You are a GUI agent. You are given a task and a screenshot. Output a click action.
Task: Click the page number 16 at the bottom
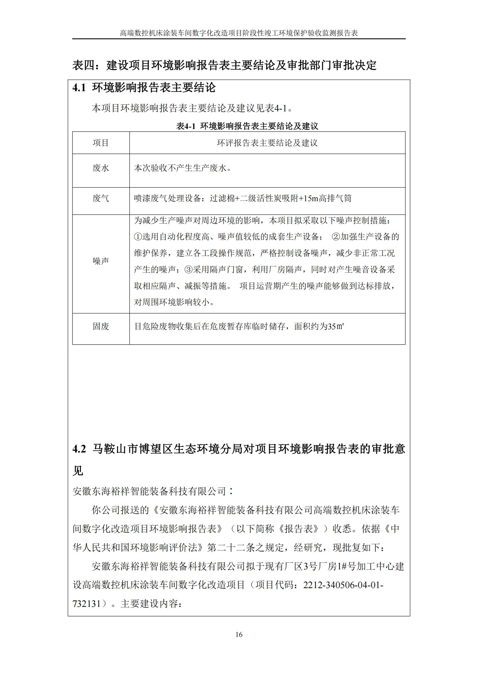(x=239, y=635)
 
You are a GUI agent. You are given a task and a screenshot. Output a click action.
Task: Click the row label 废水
(x=101, y=168)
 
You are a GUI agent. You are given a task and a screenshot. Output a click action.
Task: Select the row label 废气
(x=101, y=199)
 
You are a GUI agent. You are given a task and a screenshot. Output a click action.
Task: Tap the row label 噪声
(x=101, y=261)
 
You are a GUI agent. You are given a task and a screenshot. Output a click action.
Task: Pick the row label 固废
(x=101, y=326)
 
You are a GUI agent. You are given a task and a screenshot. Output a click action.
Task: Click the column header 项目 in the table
(x=101, y=143)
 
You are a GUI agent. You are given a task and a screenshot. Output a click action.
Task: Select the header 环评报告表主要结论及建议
(x=267, y=143)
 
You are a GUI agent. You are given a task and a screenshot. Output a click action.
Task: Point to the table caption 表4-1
(x=186, y=126)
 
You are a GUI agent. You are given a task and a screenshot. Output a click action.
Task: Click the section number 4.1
(x=79, y=88)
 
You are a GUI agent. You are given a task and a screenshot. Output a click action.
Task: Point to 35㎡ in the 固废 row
(x=336, y=326)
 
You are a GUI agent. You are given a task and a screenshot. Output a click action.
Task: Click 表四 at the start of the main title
(x=84, y=65)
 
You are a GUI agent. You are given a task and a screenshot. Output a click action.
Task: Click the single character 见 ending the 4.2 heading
(x=78, y=471)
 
